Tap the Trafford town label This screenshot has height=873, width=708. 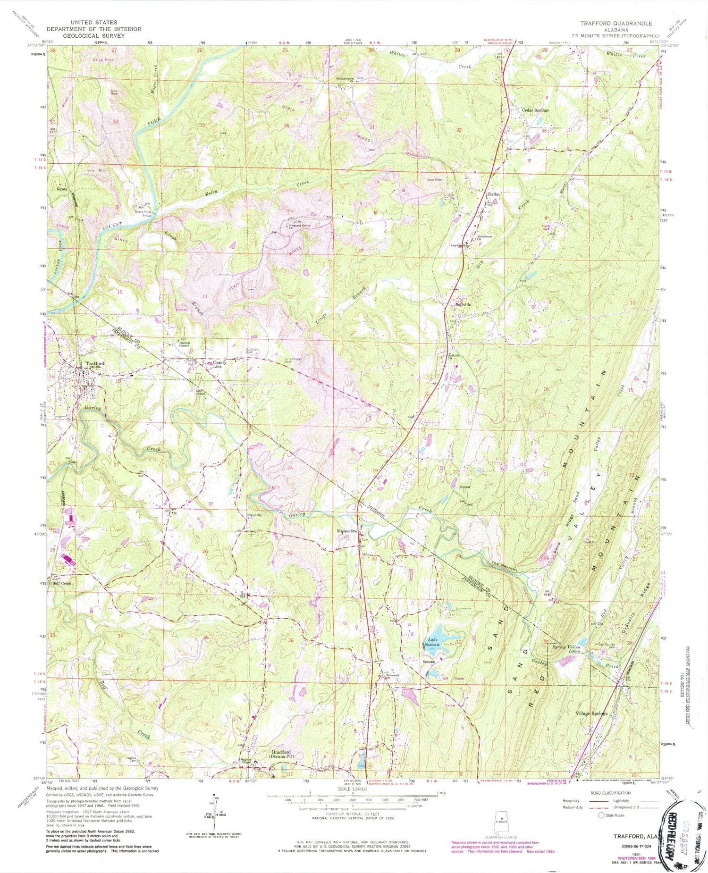point(95,363)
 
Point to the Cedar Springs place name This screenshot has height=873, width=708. point(535,110)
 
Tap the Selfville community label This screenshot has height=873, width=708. point(463,304)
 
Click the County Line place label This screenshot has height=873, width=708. point(219,364)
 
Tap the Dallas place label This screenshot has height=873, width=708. point(494,194)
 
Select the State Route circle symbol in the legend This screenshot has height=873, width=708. point(601,815)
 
